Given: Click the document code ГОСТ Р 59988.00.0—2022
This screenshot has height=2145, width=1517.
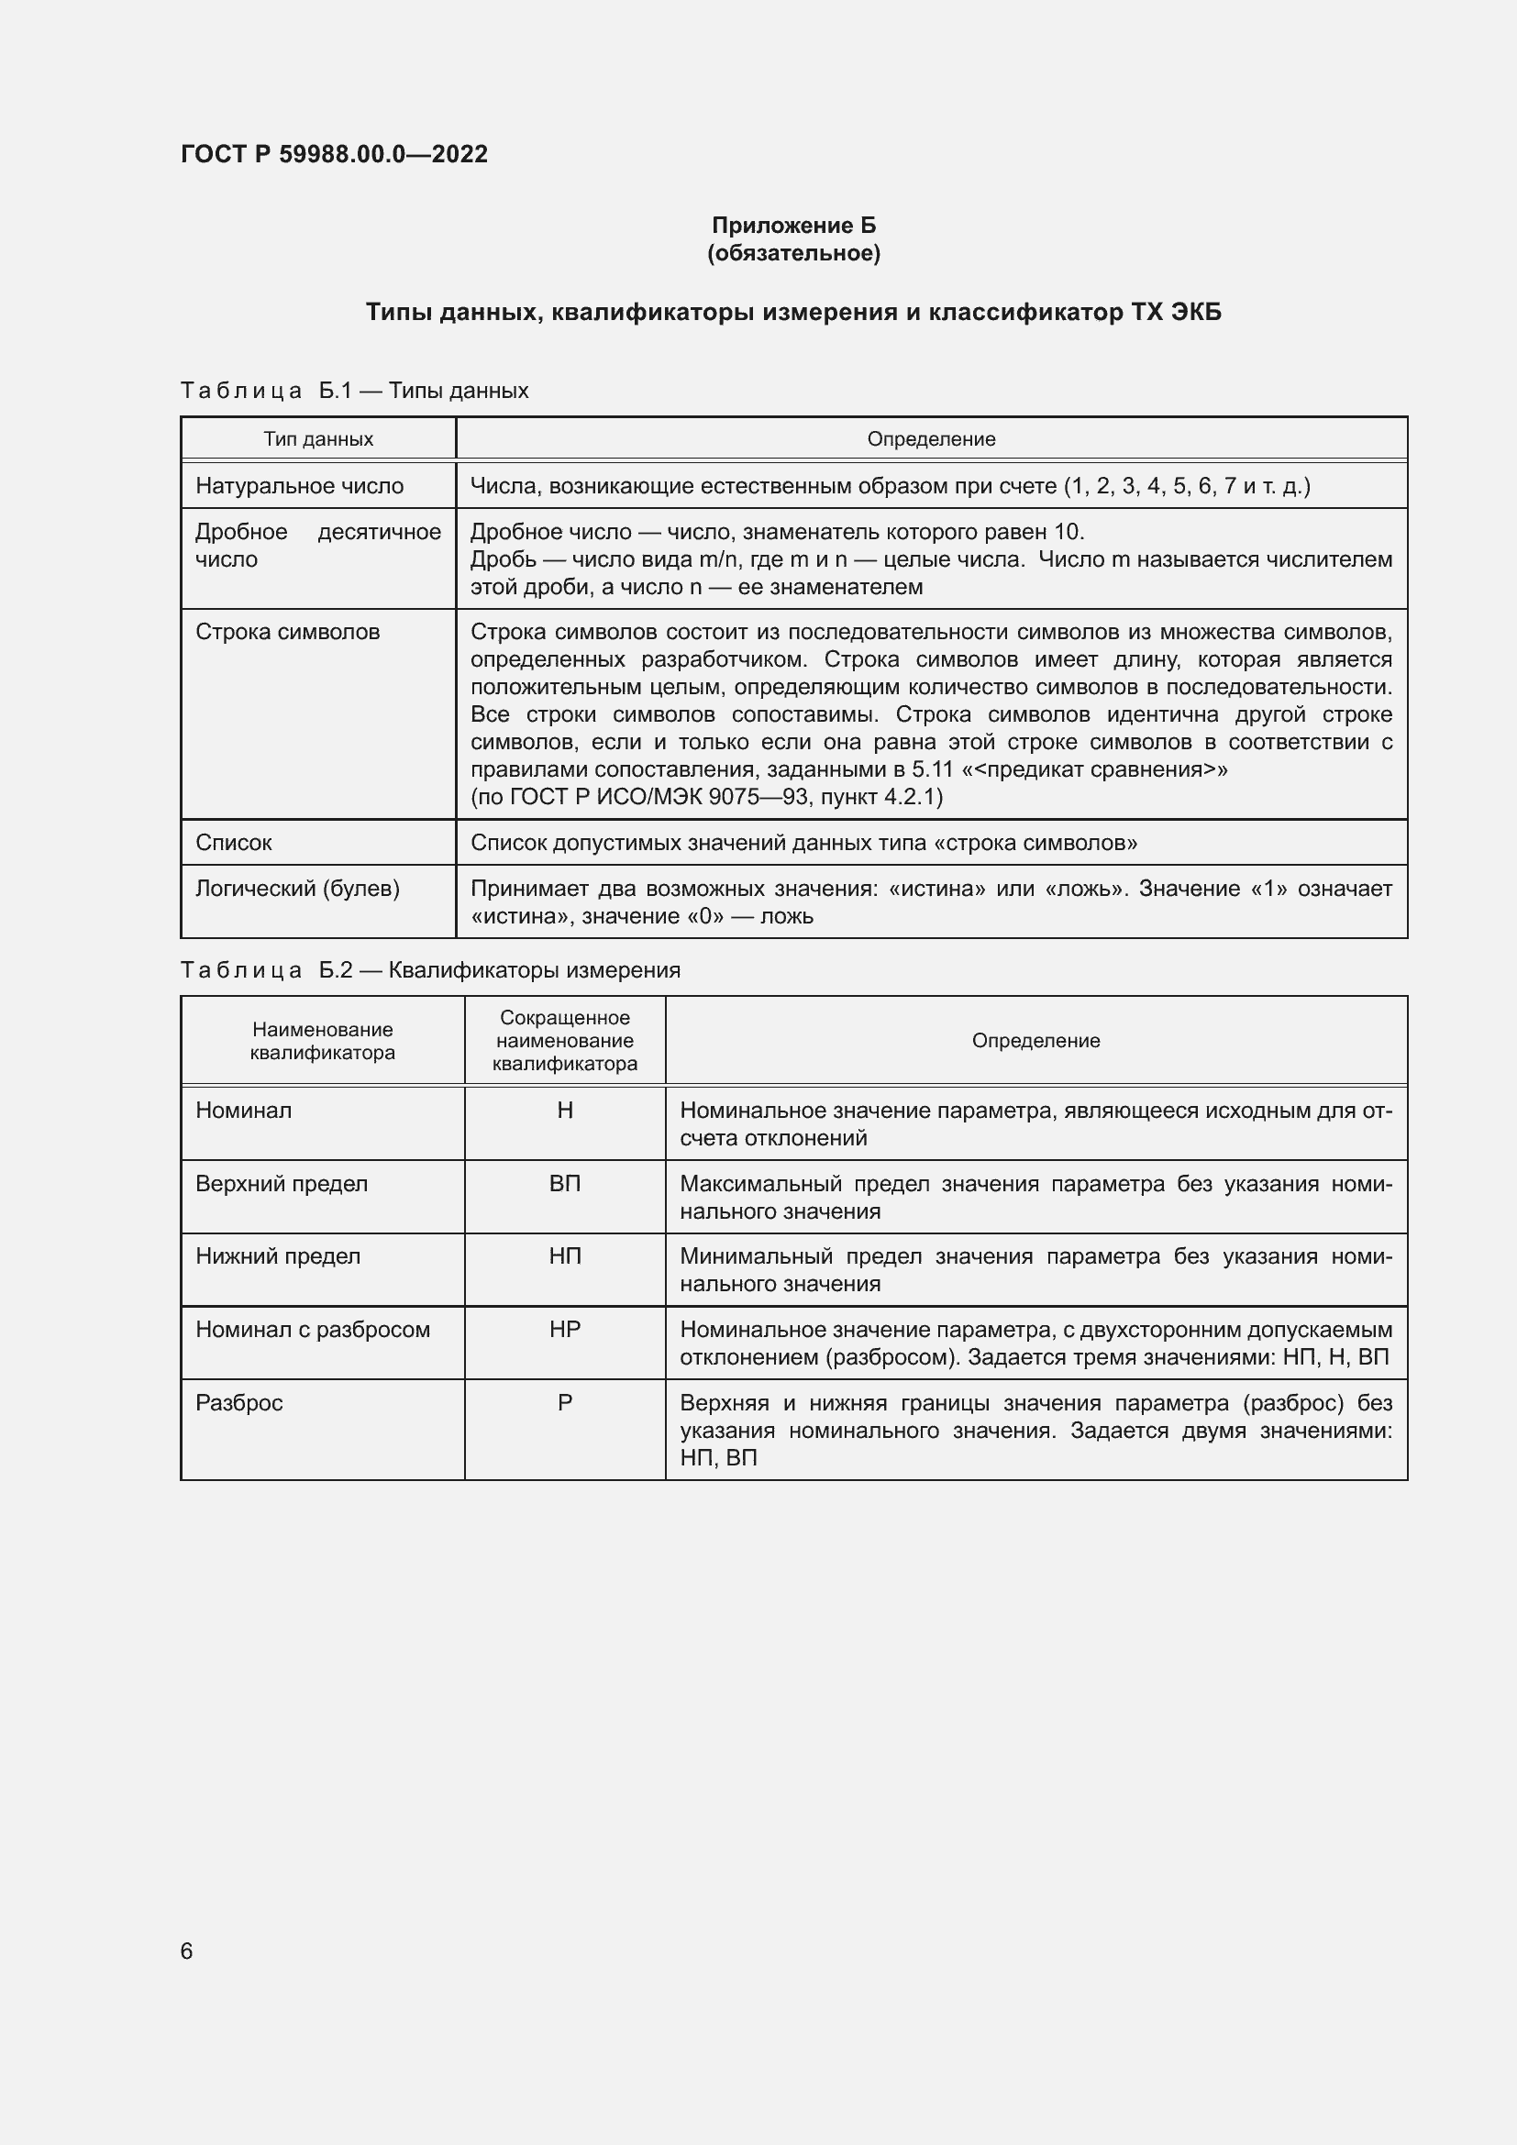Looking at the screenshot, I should coord(334,154).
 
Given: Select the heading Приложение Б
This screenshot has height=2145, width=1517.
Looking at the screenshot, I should coord(793,226).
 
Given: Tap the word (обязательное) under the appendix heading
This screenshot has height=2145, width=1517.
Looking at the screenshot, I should coord(793,253).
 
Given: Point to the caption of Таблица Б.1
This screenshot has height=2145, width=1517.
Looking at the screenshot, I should coord(354,391).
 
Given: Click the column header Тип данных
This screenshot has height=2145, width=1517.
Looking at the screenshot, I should coord(317,439).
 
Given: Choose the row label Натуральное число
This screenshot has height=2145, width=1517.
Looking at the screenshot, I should coord(299,486).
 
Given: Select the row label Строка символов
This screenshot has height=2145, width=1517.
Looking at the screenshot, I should coord(287,632).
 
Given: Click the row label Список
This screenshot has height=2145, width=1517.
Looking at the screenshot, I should coord(234,843).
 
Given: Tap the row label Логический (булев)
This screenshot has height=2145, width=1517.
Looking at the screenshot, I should coord(297,889).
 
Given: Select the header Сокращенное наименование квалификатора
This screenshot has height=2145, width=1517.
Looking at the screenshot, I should coord(564,1041).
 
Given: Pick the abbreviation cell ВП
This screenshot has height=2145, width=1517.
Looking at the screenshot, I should coord(564,1184).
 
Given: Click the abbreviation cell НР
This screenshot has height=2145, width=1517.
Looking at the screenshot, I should coord(564,1330).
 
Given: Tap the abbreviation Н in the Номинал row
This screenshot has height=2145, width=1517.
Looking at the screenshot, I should coord(564,1111).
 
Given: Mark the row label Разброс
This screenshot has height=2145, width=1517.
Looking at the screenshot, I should coord(239,1403).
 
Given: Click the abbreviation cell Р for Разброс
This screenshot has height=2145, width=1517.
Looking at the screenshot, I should coord(564,1403).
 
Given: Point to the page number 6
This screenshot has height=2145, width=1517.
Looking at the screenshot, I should coord(186,1951).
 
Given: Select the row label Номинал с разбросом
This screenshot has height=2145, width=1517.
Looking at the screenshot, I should coord(312,1330).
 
